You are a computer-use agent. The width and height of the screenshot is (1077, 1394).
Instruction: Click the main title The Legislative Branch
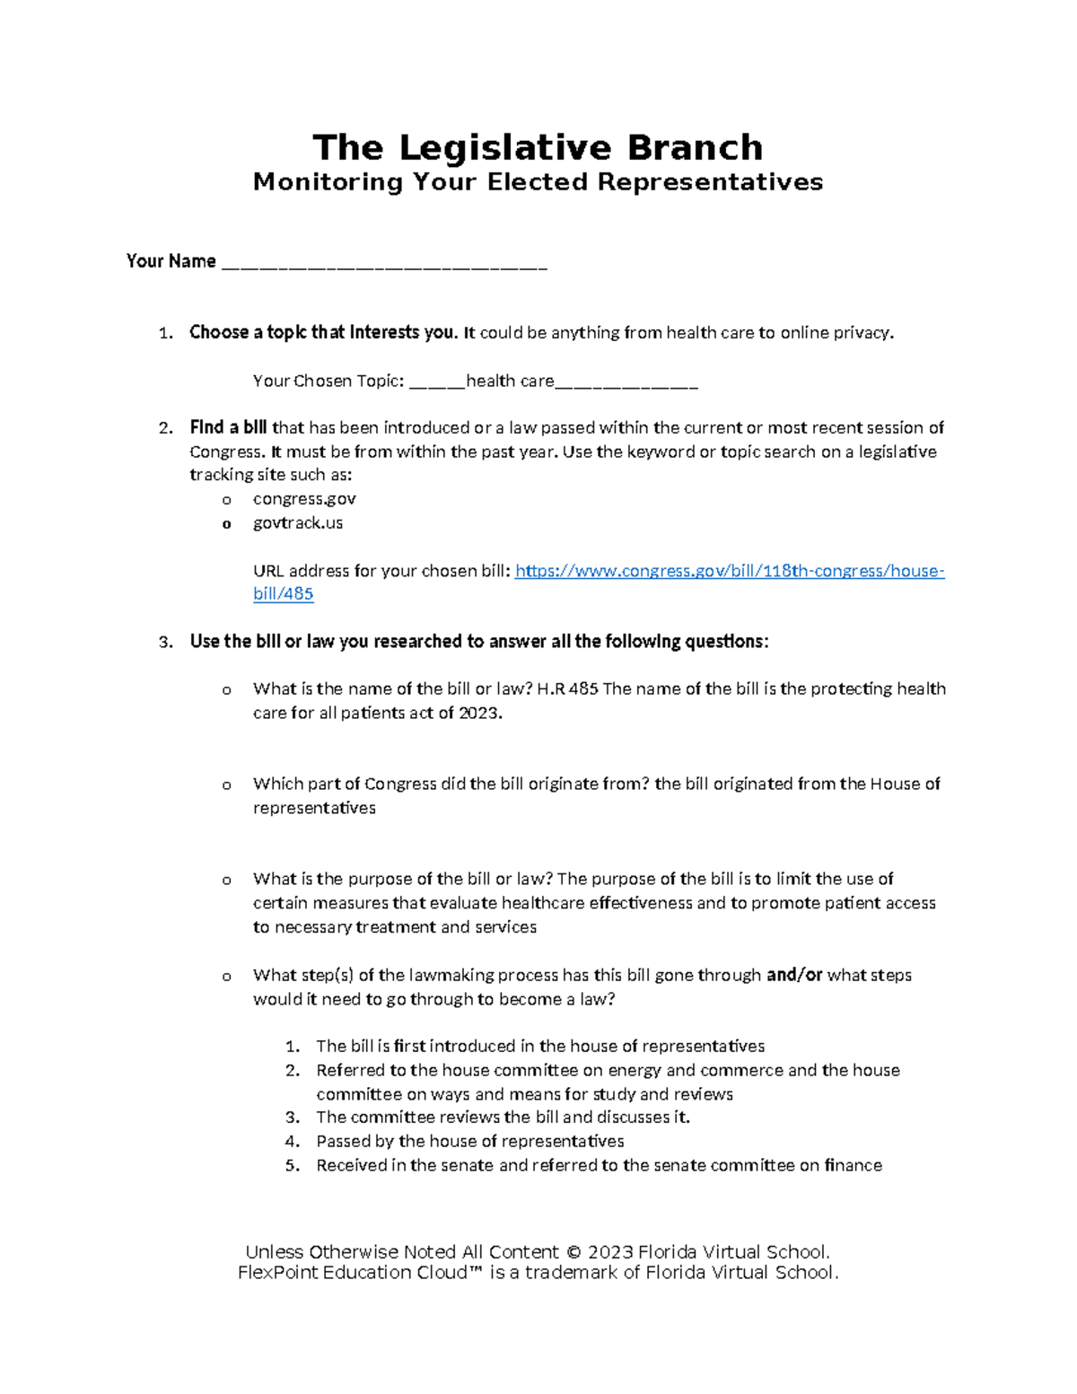click(x=538, y=147)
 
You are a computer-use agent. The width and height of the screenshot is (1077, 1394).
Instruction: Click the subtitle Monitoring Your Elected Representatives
click(x=538, y=182)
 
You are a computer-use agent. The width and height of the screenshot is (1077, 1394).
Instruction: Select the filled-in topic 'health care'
click(x=509, y=381)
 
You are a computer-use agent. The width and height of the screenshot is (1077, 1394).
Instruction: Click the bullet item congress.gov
click(x=304, y=499)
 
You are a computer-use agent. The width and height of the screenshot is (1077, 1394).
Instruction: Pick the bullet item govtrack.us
click(x=298, y=523)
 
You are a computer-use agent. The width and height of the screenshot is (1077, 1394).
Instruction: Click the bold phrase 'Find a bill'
click(x=228, y=428)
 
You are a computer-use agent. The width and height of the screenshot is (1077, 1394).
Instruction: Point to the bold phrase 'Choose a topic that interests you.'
click(x=323, y=333)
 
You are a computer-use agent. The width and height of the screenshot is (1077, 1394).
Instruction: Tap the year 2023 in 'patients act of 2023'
click(x=480, y=714)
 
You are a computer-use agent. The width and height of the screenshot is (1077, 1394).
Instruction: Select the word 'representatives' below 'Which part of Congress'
click(x=314, y=809)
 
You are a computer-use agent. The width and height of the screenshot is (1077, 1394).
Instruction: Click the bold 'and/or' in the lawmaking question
click(x=794, y=975)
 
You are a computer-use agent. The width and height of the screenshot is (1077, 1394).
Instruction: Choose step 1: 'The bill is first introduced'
click(x=539, y=1047)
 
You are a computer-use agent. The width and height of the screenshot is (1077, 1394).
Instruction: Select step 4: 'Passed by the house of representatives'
click(x=469, y=1142)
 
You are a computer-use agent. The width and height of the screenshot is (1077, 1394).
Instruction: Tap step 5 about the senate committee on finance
click(x=599, y=1166)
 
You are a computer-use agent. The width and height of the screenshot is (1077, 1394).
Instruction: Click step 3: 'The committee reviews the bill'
click(x=503, y=1118)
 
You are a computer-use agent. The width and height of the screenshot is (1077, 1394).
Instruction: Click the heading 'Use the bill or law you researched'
click(x=478, y=642)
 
